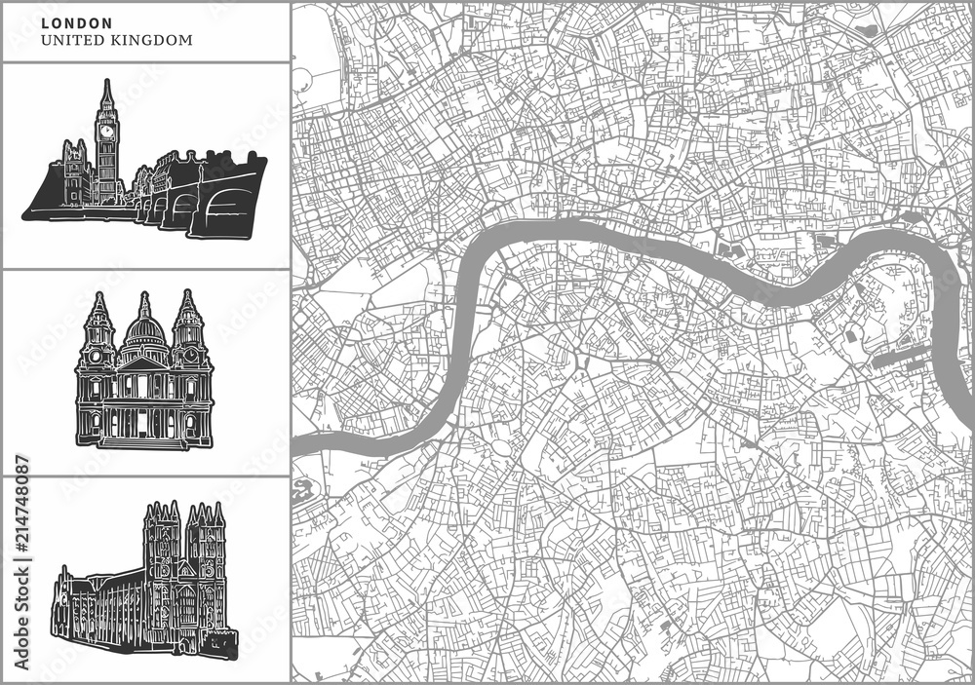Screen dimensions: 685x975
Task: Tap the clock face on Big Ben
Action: (x=105, y=130)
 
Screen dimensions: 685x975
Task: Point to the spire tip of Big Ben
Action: (x=106, y=83)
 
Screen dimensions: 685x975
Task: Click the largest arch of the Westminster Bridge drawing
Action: (x=227, y=209)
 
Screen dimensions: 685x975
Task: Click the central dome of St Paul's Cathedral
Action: (x=145, y=328)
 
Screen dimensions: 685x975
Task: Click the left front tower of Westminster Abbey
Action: (x=161, y=546)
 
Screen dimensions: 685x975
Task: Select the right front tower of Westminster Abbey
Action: (x=207, y=546)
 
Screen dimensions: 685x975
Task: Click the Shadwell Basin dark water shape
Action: (x=912, y=218)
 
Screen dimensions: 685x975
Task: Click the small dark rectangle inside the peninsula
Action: (x=850, y=335)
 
